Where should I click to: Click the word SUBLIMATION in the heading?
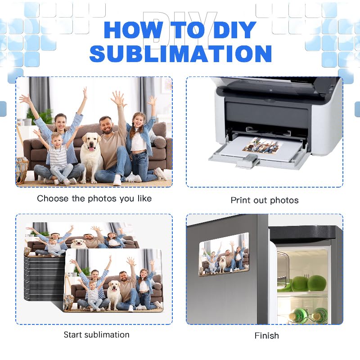pyautogui.click(x=180, y=53)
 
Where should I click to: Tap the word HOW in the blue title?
pyautogui.click(x=127, y=30)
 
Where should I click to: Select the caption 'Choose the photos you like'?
pyautogui.click(x=94, y=198)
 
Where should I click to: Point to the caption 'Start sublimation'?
pyautogui.click(x=96, y=335)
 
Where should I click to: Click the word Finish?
pyautogui.click(x=266, y=336)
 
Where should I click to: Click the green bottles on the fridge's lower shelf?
pyautogui.click(x=310, y=315)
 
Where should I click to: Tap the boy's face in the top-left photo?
pyautogui.click(x=57, y=139)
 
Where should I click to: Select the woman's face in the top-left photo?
pyautogui.click(x=60, y=121)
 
